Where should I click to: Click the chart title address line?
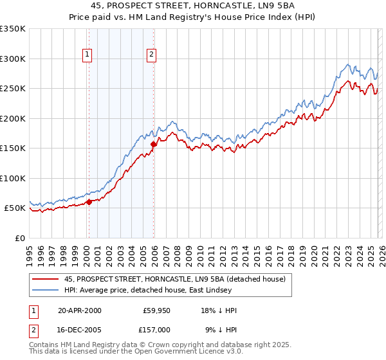(193, 6)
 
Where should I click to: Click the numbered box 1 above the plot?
(87, 55)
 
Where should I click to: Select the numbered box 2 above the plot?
(151, 55)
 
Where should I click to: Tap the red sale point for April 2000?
(89, 202)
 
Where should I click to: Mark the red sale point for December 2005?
(154, 144)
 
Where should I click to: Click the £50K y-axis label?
(15, 208)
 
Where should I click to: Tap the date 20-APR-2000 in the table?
(79, 310)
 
